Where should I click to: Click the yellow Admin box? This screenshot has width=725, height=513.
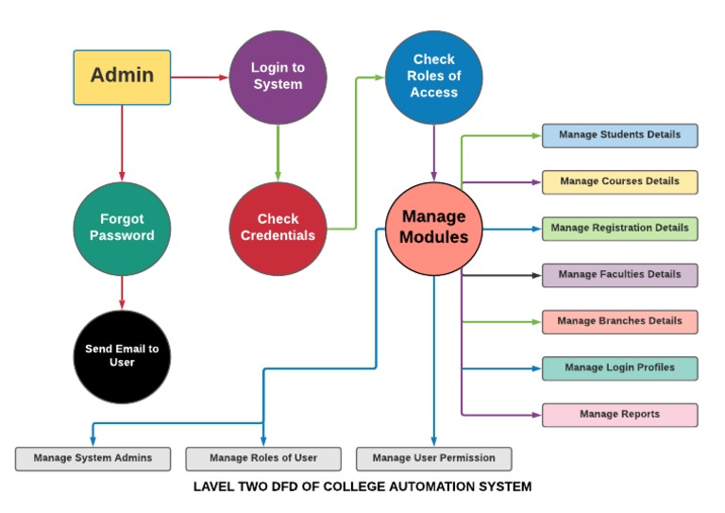point(123,77)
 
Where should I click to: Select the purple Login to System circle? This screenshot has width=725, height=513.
point(278,77)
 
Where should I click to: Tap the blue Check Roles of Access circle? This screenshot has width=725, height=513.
point(433,77)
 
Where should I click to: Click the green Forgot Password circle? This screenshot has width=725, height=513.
point(122,228)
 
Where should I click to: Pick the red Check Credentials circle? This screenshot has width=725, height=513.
point(278,228)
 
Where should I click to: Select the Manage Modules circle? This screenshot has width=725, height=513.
point(433,228)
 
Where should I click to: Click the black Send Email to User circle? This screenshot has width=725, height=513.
point(122,355)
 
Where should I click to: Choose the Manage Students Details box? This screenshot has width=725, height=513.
point(619,135)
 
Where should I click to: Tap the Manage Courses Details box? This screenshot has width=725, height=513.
point(619,181)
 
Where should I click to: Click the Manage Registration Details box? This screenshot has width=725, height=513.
point(619,229)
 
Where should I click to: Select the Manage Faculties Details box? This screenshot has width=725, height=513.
point(619,275)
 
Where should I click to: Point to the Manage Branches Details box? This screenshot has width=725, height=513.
point(619,321)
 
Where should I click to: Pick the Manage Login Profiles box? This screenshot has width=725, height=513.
point(619,368)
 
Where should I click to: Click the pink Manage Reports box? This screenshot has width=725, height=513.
point(619,415)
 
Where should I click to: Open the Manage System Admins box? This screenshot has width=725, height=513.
point(93,458)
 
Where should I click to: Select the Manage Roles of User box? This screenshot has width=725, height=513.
point(263,458)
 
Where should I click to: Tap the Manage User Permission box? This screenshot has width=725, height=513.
point(433,458)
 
